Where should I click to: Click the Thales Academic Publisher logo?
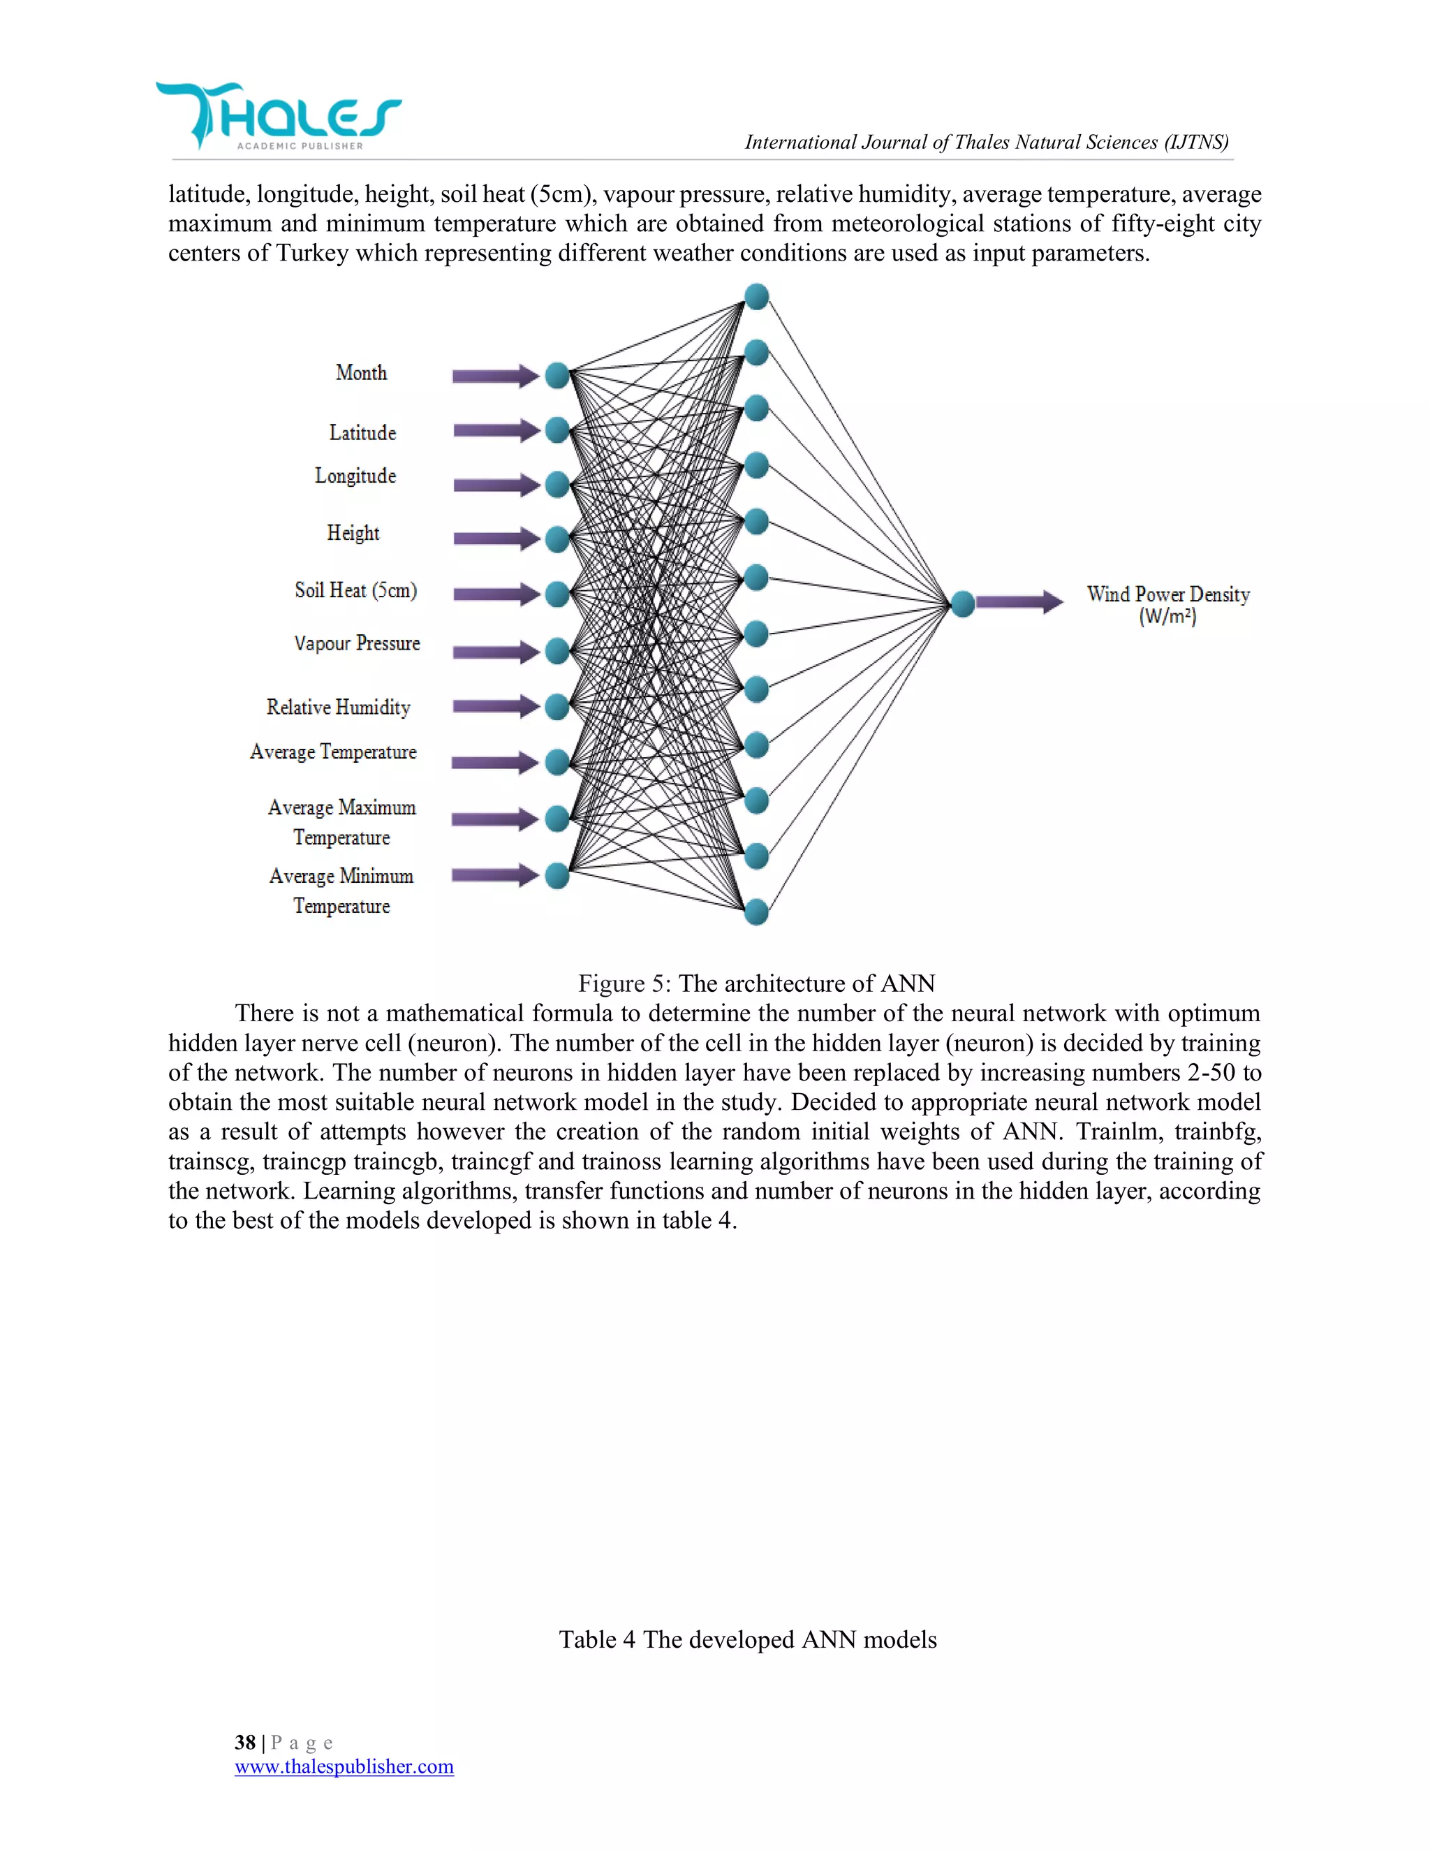[x=278, y=117]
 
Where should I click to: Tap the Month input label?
[x=361, y=373]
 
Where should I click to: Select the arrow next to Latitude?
[x=496, y=430]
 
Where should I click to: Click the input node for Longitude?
[x=556, y=485]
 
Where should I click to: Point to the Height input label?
[x=353, y=533]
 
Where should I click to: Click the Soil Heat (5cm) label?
[x=356, y=590]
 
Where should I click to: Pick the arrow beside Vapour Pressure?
[x=496, y=652]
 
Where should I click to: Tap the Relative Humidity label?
[x=338, y=707]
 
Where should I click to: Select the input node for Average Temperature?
[x=556, y=762]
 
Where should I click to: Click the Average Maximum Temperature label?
[x=341, y=822]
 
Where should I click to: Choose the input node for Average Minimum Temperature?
[x=556, y=875]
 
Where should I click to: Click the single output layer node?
[x=962, y=603]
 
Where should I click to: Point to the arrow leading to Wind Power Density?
[x=1019, y=603]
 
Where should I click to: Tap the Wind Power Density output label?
[x=1167, y=604]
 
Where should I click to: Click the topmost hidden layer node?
[x=755, y=297]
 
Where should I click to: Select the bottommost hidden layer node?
[x=755, y=912]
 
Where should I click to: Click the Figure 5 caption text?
[x=755, y=983]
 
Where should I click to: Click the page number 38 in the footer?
[x=245, y=1743]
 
